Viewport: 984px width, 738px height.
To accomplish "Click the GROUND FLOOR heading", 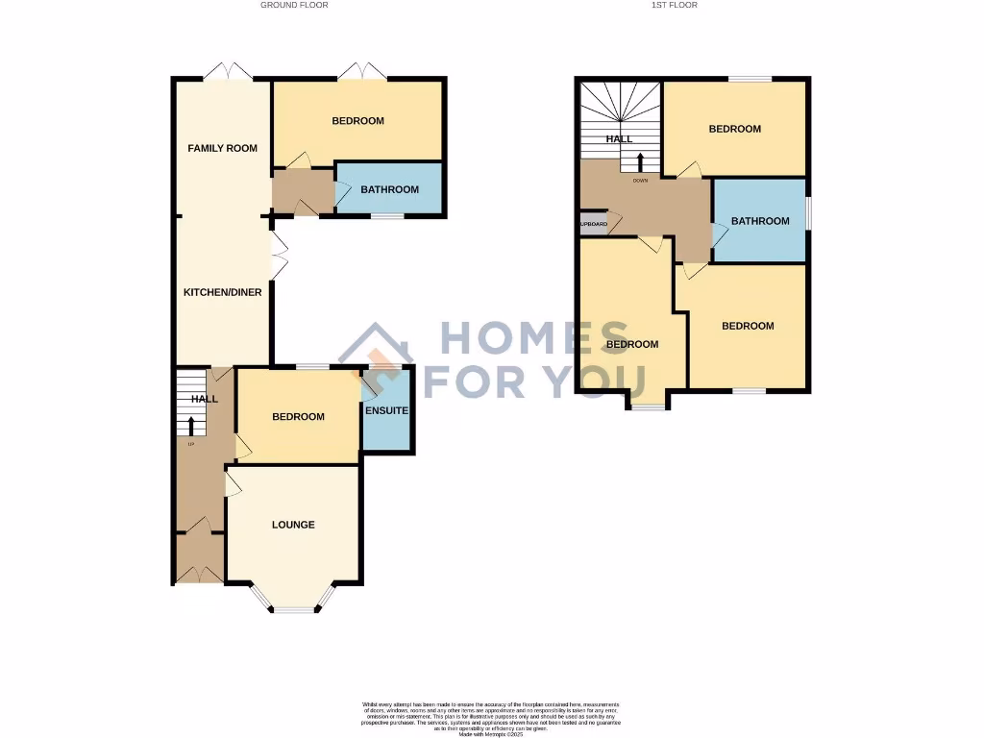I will [x=294, y=5].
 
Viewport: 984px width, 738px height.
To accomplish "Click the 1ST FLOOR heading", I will [x=674, y=5].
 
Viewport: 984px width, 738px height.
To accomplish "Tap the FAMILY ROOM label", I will [x=222, y=148].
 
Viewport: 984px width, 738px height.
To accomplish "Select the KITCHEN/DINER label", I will [x=223, y=292].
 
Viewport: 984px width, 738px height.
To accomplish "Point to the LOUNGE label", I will [x=293, y=525].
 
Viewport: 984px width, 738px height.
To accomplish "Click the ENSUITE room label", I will [x=387, y=411].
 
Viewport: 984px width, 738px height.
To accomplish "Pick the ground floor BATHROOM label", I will [x=389, y=189].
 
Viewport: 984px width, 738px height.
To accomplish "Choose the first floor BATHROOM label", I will [x=760, y=221].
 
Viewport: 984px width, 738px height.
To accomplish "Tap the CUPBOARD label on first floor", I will [x=592, y=225].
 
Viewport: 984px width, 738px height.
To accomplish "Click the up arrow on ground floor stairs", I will [x=191, y=426].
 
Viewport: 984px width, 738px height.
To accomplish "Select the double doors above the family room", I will [x=229, y=71].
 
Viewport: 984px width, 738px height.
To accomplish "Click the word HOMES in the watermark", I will [x=540, y=339].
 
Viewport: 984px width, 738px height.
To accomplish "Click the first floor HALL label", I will [x=619, y=139].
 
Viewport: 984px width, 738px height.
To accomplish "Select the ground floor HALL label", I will [x=204, y=399].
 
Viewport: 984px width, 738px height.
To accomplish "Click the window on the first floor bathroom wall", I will [x=808, y=213].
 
